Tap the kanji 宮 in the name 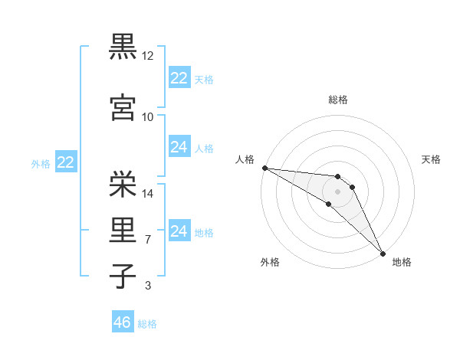(x=123, y=106)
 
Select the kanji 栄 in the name (x=123, y=183)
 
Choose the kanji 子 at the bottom (x=123, y=276)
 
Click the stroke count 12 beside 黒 (x=148, y=57)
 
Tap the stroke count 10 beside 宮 (x=148, y=117)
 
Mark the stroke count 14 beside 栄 (x=148, y=194)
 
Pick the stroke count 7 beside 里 (x=148, y=241)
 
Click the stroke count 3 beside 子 (x=148, y=286)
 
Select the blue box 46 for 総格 (x=123, y=322)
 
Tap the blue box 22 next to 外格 (x=65, y=162)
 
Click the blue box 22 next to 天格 (x=179, y=78)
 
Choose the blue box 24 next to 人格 (x=179, y=147)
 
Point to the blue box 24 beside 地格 (x=179, y=231)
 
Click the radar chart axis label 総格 (x=338, y=100)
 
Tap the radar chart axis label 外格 (x=270, y=263)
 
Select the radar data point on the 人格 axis (x=264, y=168)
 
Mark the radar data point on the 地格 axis (x=383, y=253)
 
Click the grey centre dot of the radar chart (x=338, y=191)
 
